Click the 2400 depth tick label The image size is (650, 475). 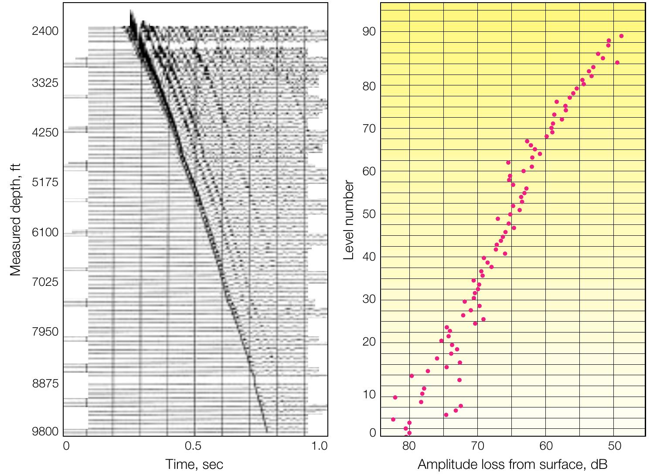[45, 31]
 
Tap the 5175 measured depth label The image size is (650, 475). [45, 182]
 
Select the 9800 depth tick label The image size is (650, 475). [45, 431]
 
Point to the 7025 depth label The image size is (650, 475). [45, 282]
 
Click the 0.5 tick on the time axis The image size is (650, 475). [193, 446]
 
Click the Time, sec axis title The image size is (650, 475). [194, 465]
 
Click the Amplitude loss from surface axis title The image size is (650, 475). [512, 465]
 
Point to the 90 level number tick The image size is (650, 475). [368, 32]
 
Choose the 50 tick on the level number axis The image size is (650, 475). [368, 214]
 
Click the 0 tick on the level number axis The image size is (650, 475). [372, 433]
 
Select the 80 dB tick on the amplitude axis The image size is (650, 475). [408, 446]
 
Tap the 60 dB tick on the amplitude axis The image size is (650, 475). [546, 446]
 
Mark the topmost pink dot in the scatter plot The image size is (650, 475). [621, 36]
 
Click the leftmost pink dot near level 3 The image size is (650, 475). [393, 419]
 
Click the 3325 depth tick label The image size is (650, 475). [45, 82]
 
